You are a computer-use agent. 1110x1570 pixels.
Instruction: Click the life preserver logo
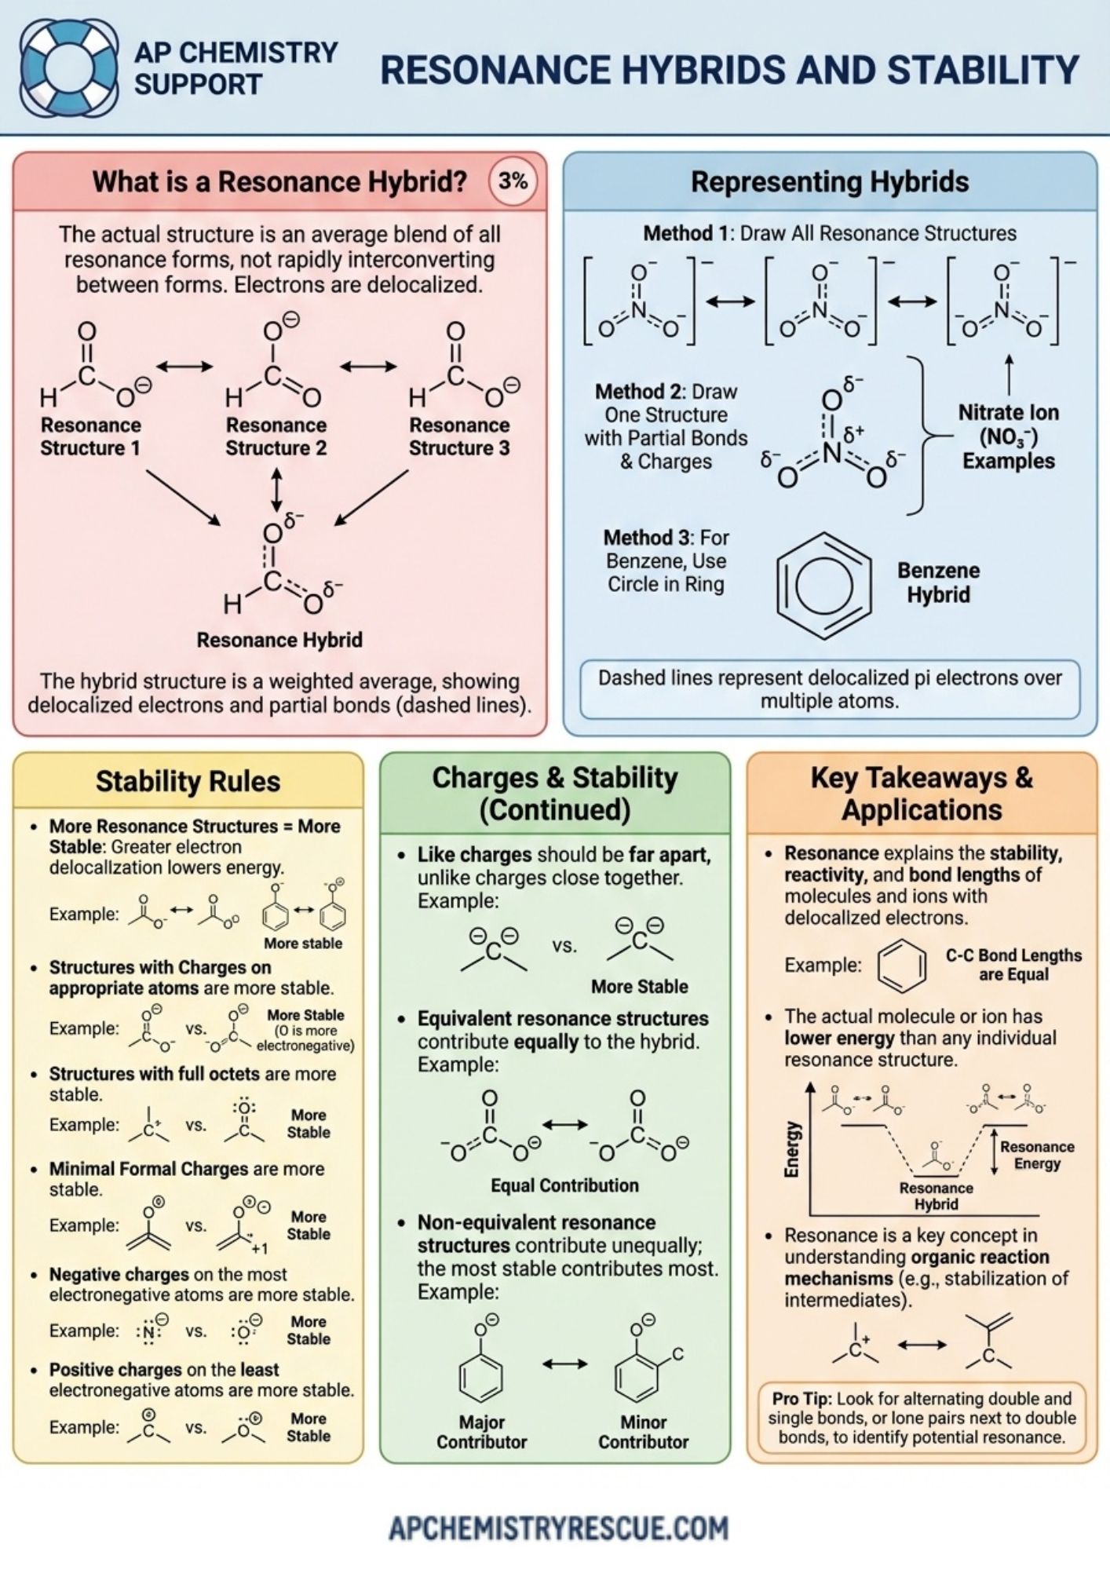coord(68,68)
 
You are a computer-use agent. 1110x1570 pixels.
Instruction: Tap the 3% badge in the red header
coord(513,182)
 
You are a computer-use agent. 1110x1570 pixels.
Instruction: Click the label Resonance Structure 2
coord(276,436)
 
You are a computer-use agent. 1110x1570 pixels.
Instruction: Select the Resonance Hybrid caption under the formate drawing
coord(279,640)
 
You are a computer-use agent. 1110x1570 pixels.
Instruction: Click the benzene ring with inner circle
coord(823,585)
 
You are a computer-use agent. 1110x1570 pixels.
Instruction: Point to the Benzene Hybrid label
coord(938,582)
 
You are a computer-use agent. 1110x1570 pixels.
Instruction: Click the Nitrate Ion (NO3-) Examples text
coord(1008,436)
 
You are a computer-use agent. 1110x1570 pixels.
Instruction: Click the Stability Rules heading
coord(188,781)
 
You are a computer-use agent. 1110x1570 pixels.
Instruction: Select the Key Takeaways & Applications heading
coord(922,794)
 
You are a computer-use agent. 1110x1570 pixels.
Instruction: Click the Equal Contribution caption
coord(564,1185)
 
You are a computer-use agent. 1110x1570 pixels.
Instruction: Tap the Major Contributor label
coord(481,1432)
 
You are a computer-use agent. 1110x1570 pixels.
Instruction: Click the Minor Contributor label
coord(643,1432)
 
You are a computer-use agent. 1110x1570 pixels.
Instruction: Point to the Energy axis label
coord(792,1148)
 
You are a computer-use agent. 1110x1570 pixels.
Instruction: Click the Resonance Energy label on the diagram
coord(1036,1155)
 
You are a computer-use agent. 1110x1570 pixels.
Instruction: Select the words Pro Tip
coord(800,1398)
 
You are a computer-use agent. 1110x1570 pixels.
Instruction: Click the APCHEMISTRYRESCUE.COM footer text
coord(559,1528)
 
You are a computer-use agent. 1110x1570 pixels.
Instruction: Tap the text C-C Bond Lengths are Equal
coord(1013,965)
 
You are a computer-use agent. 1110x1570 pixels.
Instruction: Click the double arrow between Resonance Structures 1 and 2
coord(184,367)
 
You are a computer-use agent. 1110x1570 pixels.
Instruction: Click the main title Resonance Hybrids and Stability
coord(729,70)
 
